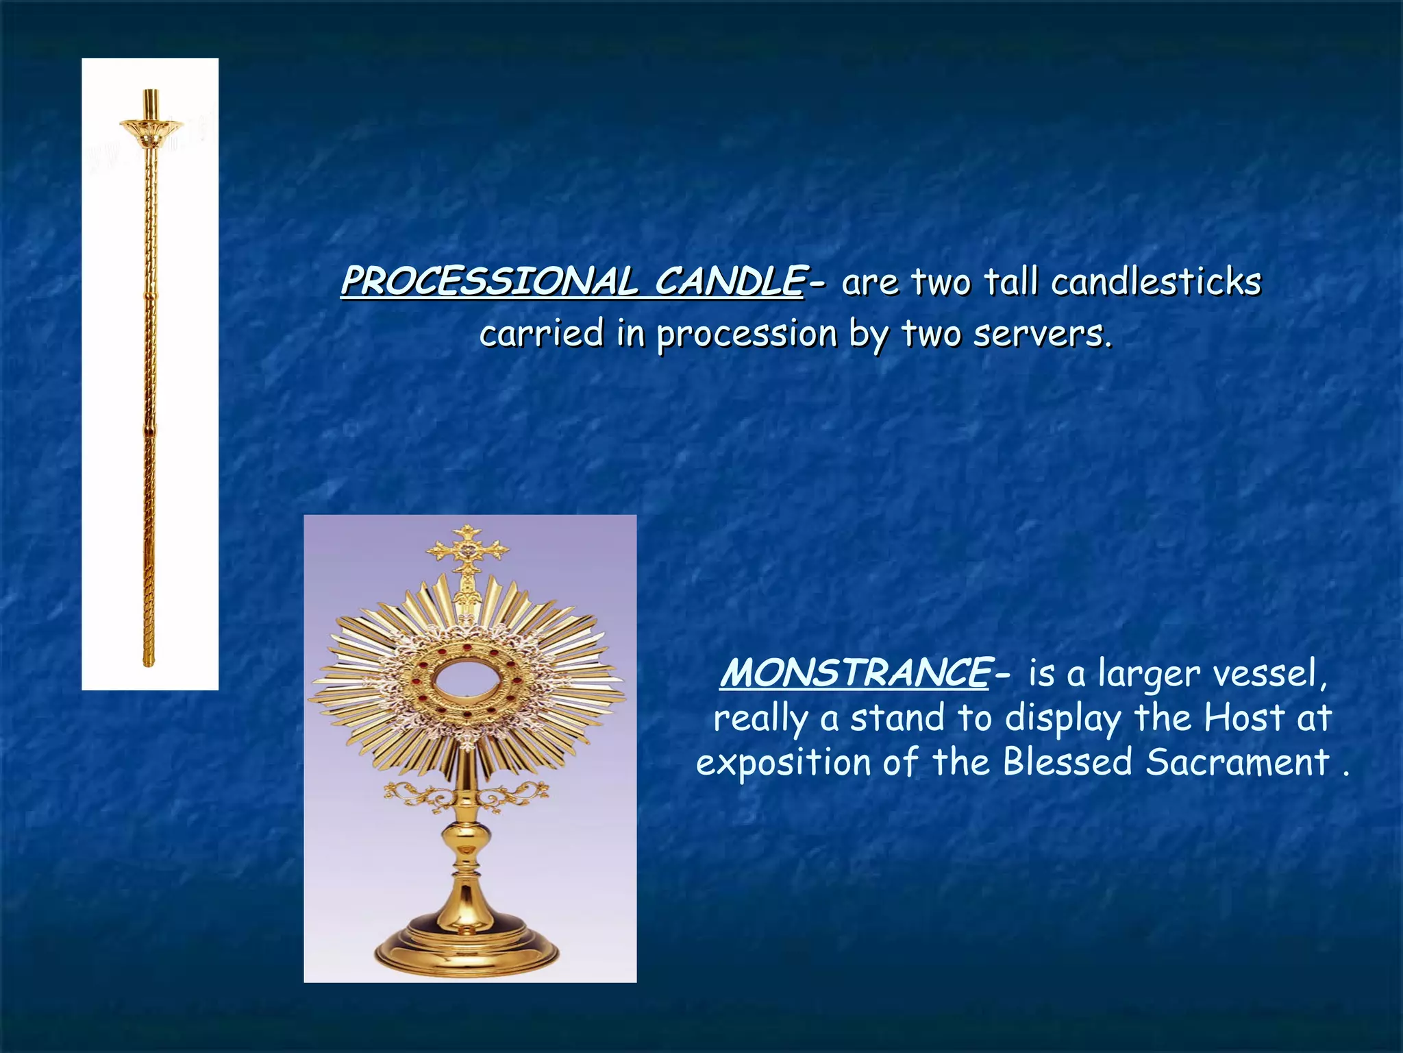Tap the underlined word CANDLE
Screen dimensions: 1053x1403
pos(729,282)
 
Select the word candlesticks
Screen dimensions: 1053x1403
pos(1156,282)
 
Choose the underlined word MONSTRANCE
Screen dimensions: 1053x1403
pos(854,673)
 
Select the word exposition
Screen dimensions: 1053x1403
pos(784,762)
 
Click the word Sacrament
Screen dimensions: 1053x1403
pos(1237,762)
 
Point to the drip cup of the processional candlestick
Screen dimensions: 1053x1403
pos(151,128)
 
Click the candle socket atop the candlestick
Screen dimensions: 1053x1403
pos(151,103)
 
